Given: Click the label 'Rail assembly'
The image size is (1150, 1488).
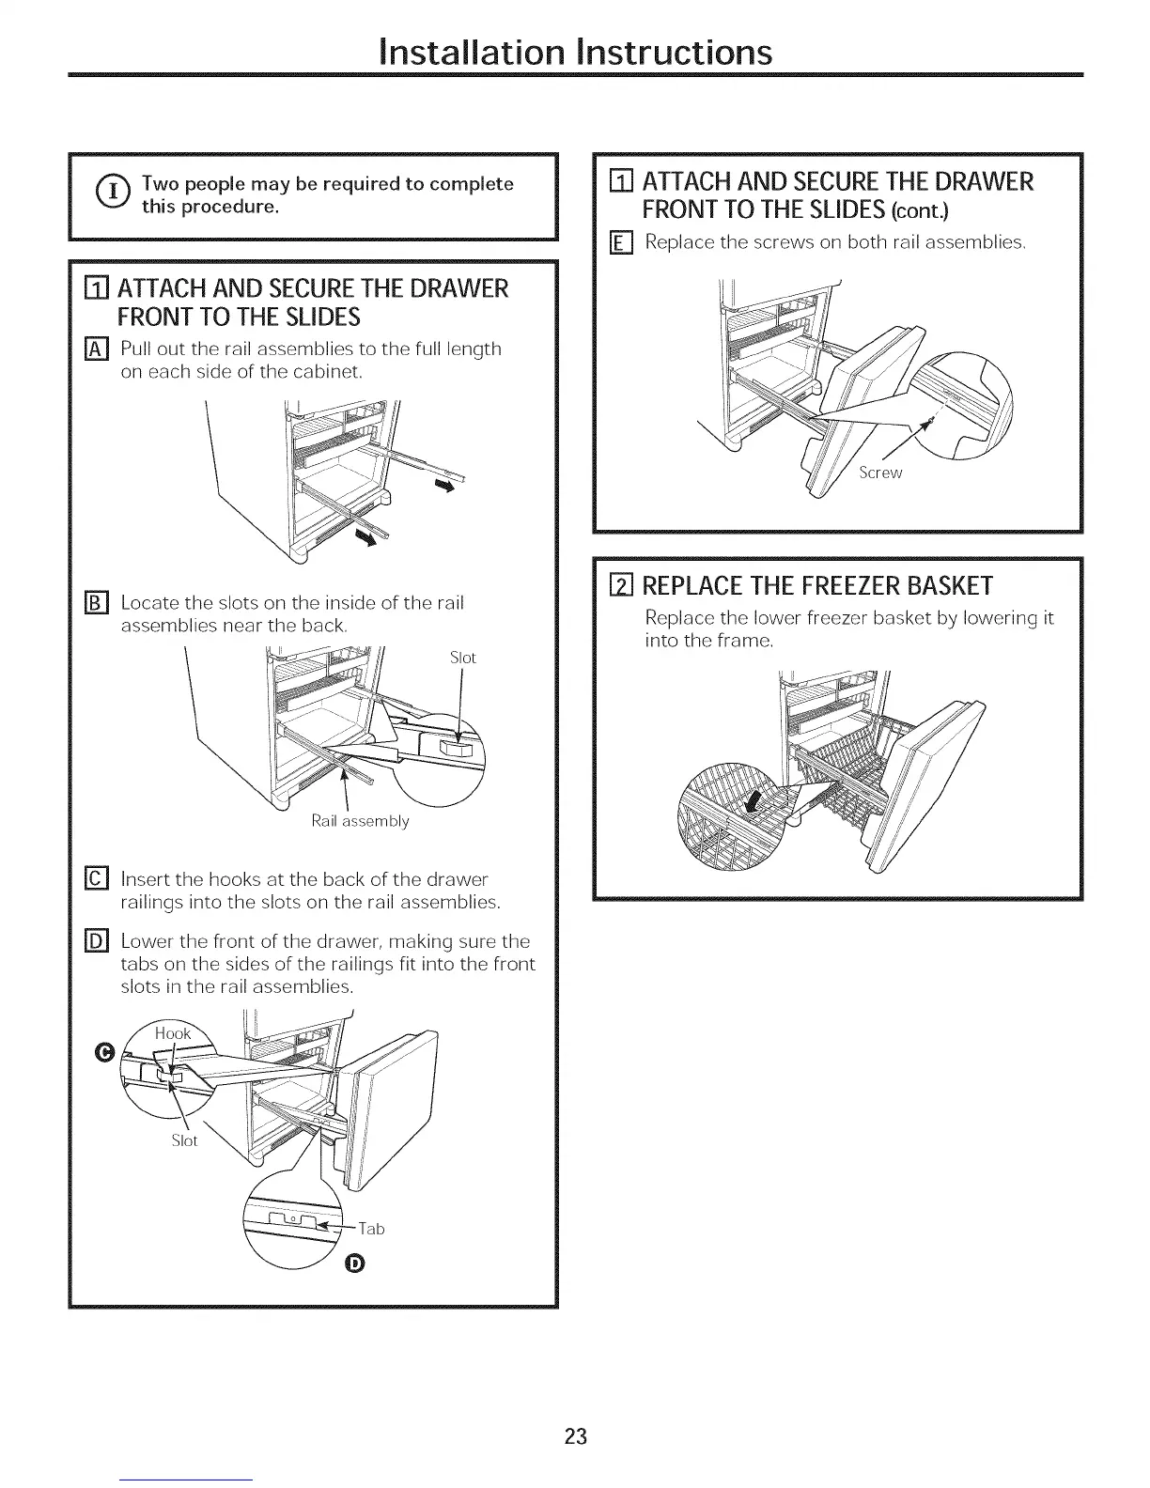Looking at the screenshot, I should pyautogui.click(x=360, y=821).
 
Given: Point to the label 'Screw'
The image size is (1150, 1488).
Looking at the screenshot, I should pyautogui.click(x=879, y=473).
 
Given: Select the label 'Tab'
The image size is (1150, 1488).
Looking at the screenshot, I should pyautogui.click(x=371, y=1228).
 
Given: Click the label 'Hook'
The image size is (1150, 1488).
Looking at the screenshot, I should pyautogui.click(x=173, y=1033).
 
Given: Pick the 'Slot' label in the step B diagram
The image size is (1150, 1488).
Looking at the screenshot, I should pyautogui.click(x=462, y=658).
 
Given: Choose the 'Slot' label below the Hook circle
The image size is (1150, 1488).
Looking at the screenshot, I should pyautogui.click(x=184, y=1140).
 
